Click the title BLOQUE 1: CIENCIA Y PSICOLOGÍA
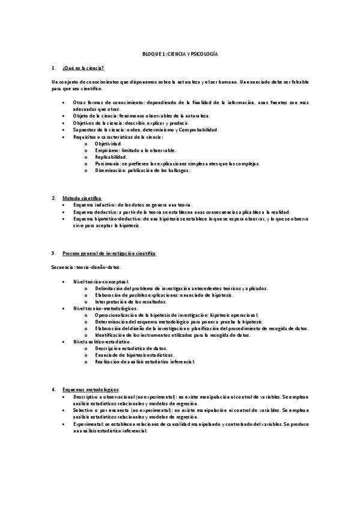[x=180, y=54]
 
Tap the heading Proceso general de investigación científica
[x=109, y=253]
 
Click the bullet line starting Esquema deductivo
[x=180, y=212]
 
